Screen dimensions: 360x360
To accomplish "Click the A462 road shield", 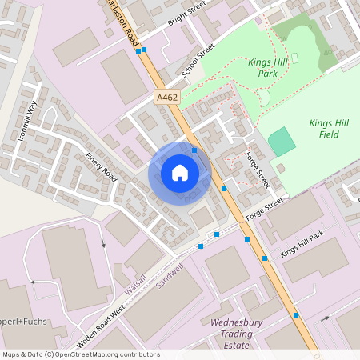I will coord(166,97).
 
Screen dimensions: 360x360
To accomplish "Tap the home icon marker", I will coord(180,172).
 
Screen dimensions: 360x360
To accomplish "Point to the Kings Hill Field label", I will coord(323,129).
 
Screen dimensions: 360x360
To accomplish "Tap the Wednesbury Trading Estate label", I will coord(231,334).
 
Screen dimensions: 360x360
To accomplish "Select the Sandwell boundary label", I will coord(169,276).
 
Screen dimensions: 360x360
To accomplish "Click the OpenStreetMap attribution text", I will coord(80,354).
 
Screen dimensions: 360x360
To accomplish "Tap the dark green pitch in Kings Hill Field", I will coord(281,142).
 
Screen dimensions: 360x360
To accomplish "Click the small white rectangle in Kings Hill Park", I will coord(294,58).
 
